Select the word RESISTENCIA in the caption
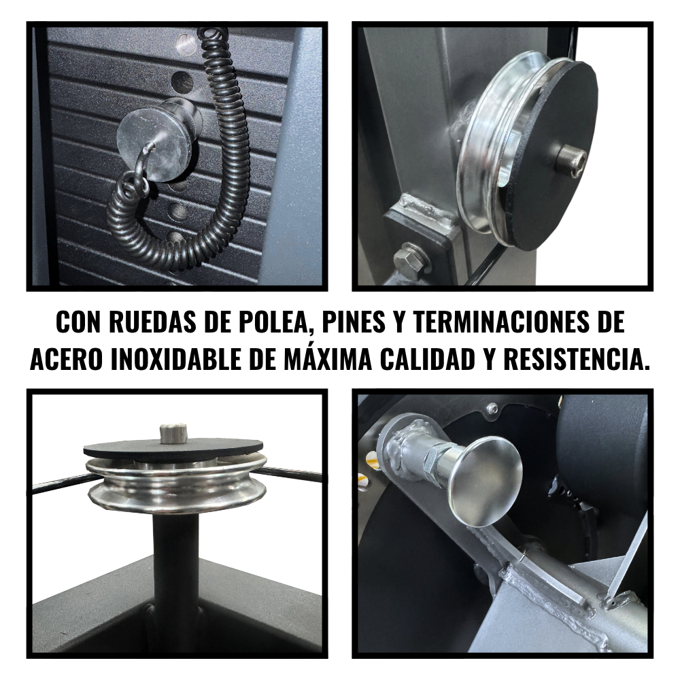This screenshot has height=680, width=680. click(x=577, y=360)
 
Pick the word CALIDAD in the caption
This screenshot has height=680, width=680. click(x=426, y=360)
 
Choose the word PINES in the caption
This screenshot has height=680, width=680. click(x=354, y=322)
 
